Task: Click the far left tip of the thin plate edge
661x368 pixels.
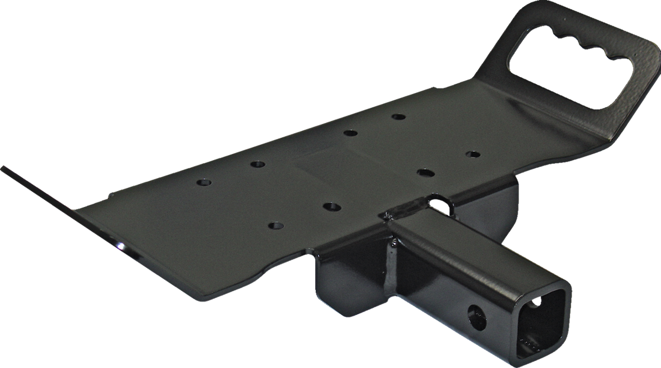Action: click(3, 165)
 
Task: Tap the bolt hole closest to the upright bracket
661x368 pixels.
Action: click(472, 154)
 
